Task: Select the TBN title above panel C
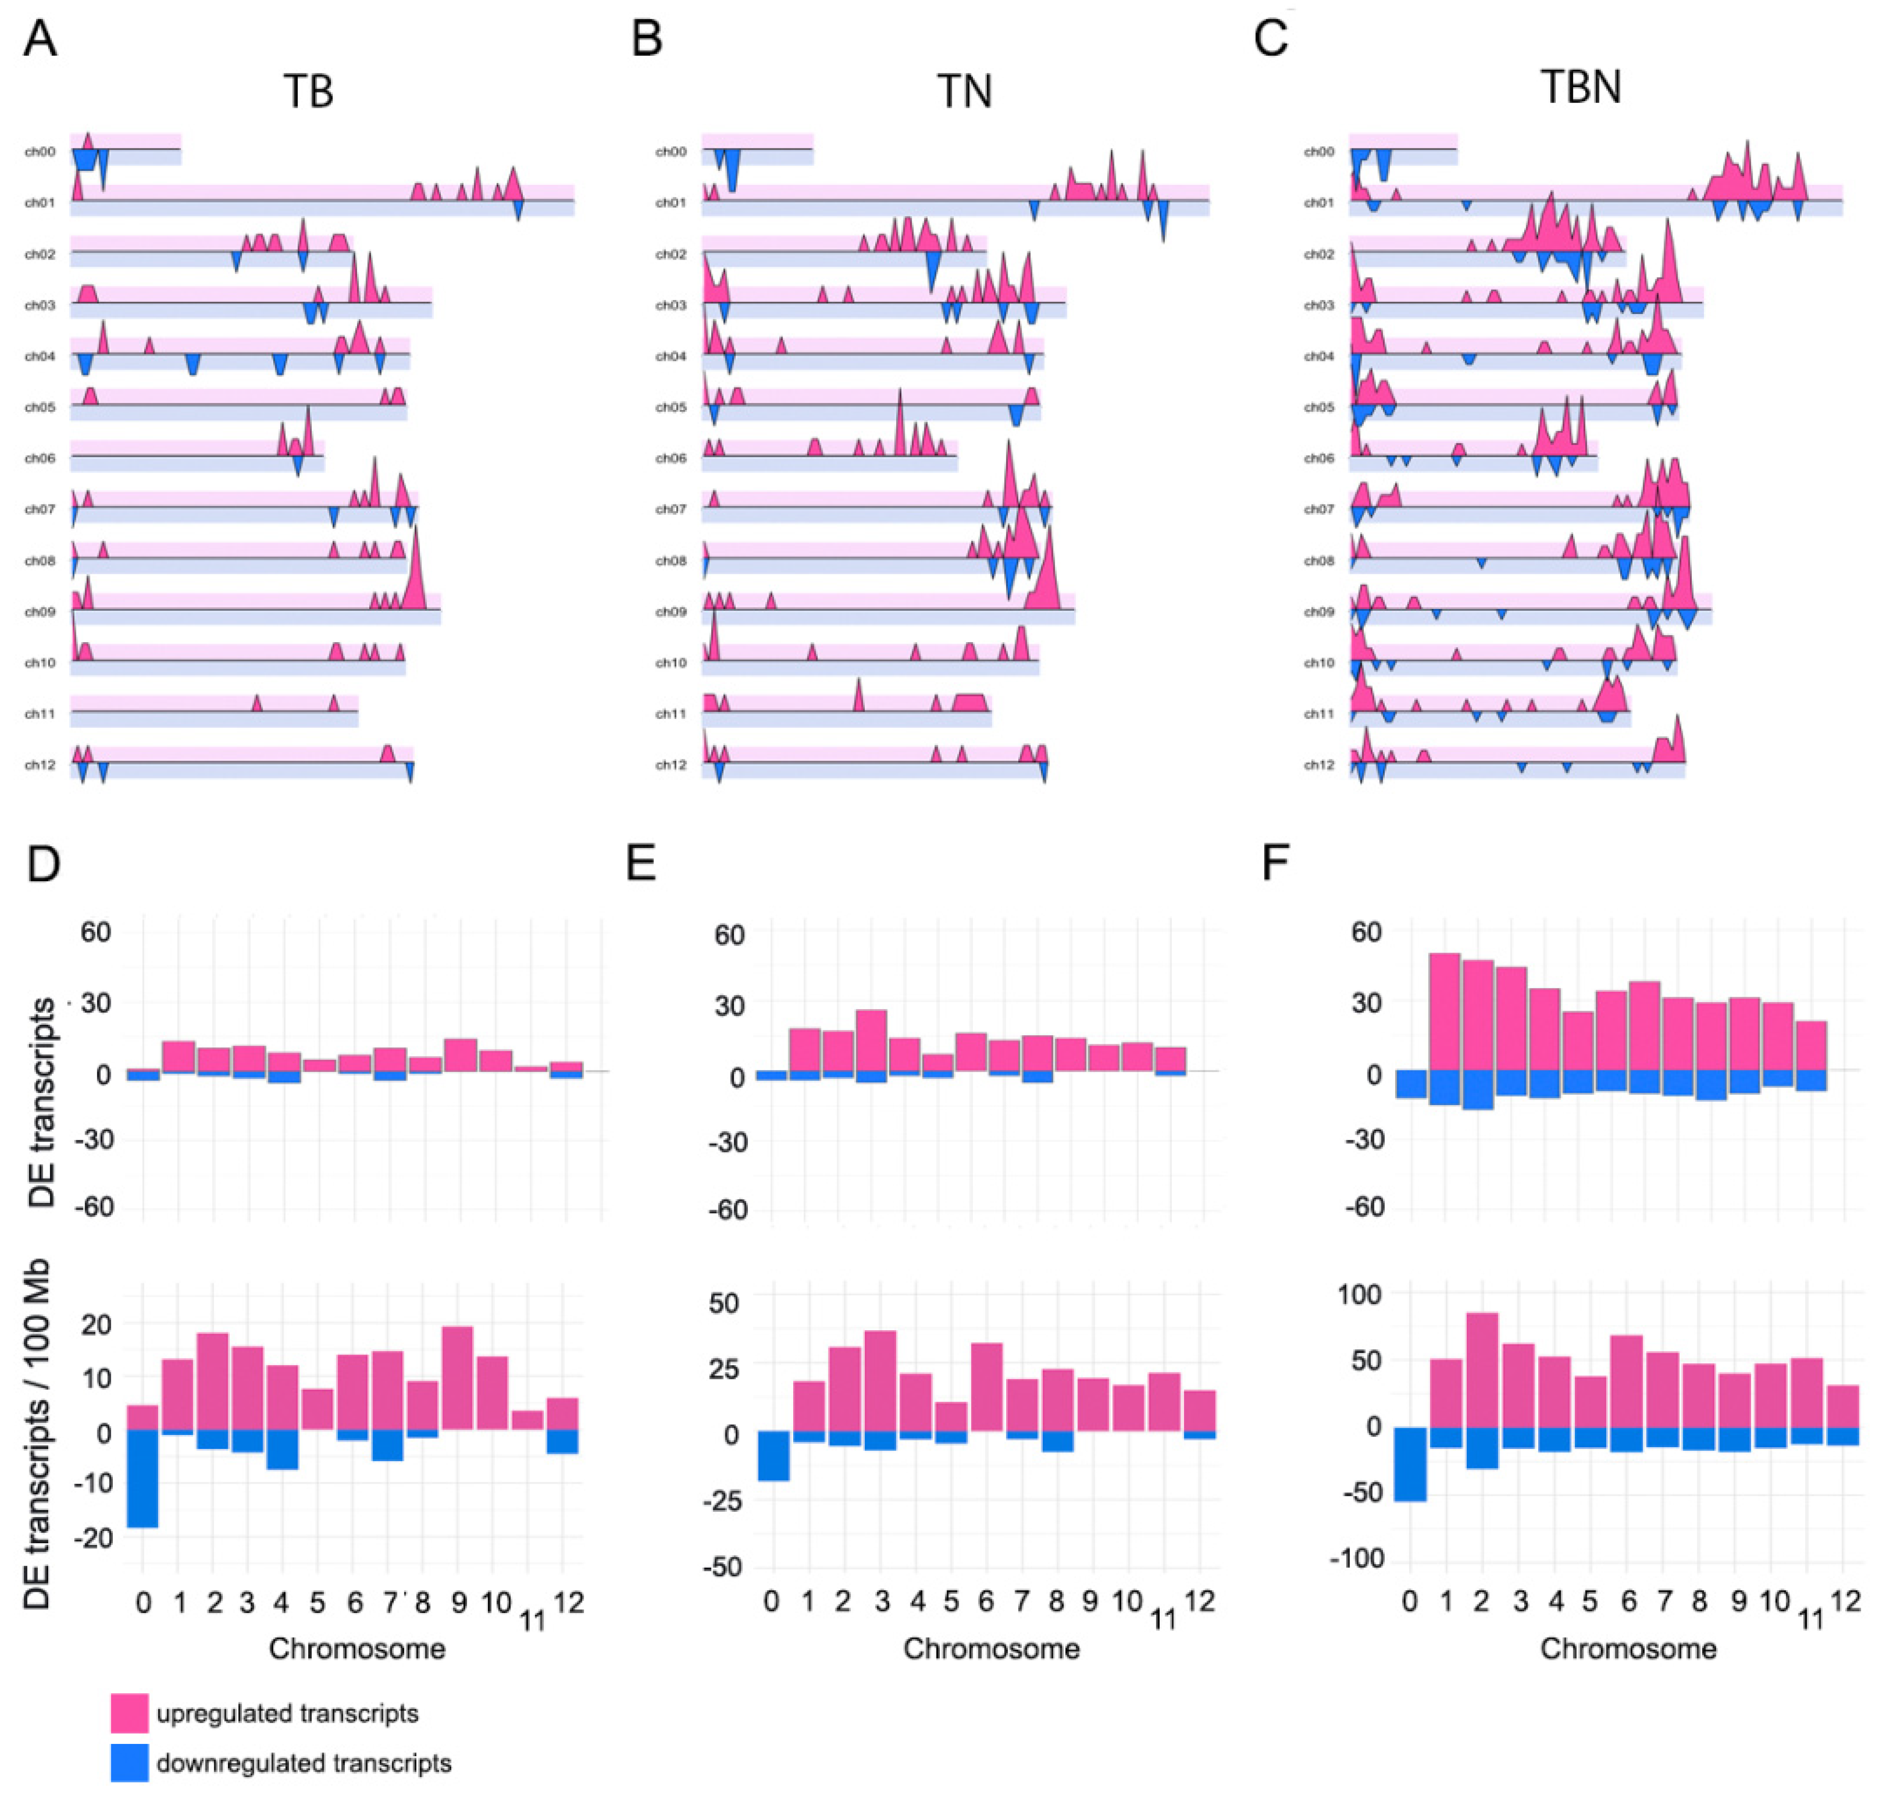[x=1580, y=88]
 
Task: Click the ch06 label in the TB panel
[x=40, y=458]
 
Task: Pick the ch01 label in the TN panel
[x=671, y=203]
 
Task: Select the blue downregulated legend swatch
[x=129, y=1763]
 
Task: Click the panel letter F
[x=1275, y=863]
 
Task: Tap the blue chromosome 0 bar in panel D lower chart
[x=142, y=1478]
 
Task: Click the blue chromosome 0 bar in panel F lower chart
[x=1410, y=1463]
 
